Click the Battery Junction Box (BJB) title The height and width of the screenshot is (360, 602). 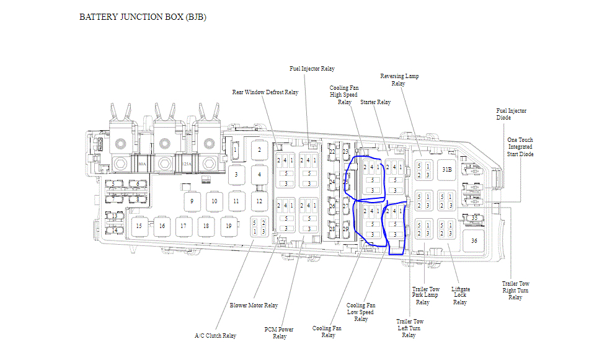tap(143, 17)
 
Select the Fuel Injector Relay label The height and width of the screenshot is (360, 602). tap(312, 69)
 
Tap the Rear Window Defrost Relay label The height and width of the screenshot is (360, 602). tap(265, 92)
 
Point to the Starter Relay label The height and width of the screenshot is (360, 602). tap(376, 102)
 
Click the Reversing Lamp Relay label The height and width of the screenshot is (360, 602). tap(399, 80)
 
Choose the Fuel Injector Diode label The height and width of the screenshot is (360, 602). tap(511, 114)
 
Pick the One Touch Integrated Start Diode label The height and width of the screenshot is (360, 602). tap(520, 147)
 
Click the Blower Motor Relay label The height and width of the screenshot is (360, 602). tap(254, 305)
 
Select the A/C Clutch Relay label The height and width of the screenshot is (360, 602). tap(215, 336)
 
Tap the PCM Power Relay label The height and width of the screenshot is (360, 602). tap(279, 333)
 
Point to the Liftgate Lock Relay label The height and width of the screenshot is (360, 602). tap(460, 296)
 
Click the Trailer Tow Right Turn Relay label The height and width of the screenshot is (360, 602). tap(515, 291)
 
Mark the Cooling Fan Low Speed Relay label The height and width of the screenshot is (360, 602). tap(361, 312)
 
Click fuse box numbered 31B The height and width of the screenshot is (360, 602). tap(446, 169)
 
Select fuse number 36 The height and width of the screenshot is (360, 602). tap(474, 240)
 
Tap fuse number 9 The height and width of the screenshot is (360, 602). tap(192, 201)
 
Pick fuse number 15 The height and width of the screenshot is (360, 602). tap(139, 226)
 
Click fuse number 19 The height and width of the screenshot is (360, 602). tap(228, 226)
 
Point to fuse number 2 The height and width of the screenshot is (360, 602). tap(259, 150)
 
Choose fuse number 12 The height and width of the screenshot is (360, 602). tap(259, 201)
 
